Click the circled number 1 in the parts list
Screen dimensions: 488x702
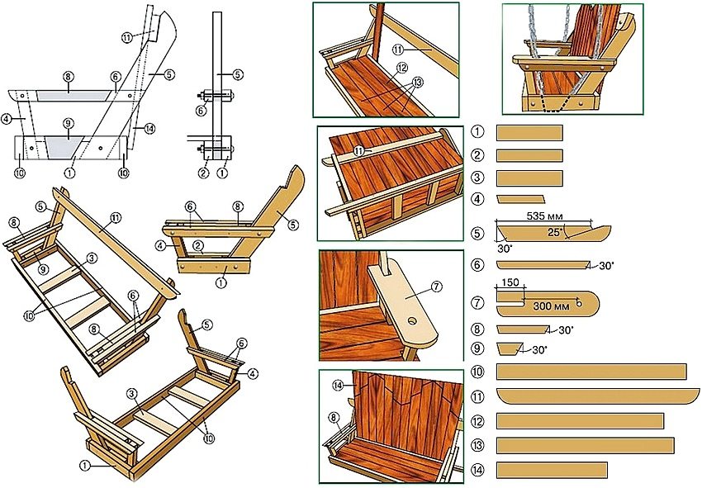coord(477,132)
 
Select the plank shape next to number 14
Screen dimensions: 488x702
coord(552,470)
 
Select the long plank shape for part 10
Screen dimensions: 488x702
coord(591,372)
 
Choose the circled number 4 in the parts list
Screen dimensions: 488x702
coord(477,199)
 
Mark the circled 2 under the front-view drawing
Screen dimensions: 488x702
coord(203,173)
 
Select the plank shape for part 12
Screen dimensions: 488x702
coord(580,421)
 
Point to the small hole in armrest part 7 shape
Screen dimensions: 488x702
coord(579,302)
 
